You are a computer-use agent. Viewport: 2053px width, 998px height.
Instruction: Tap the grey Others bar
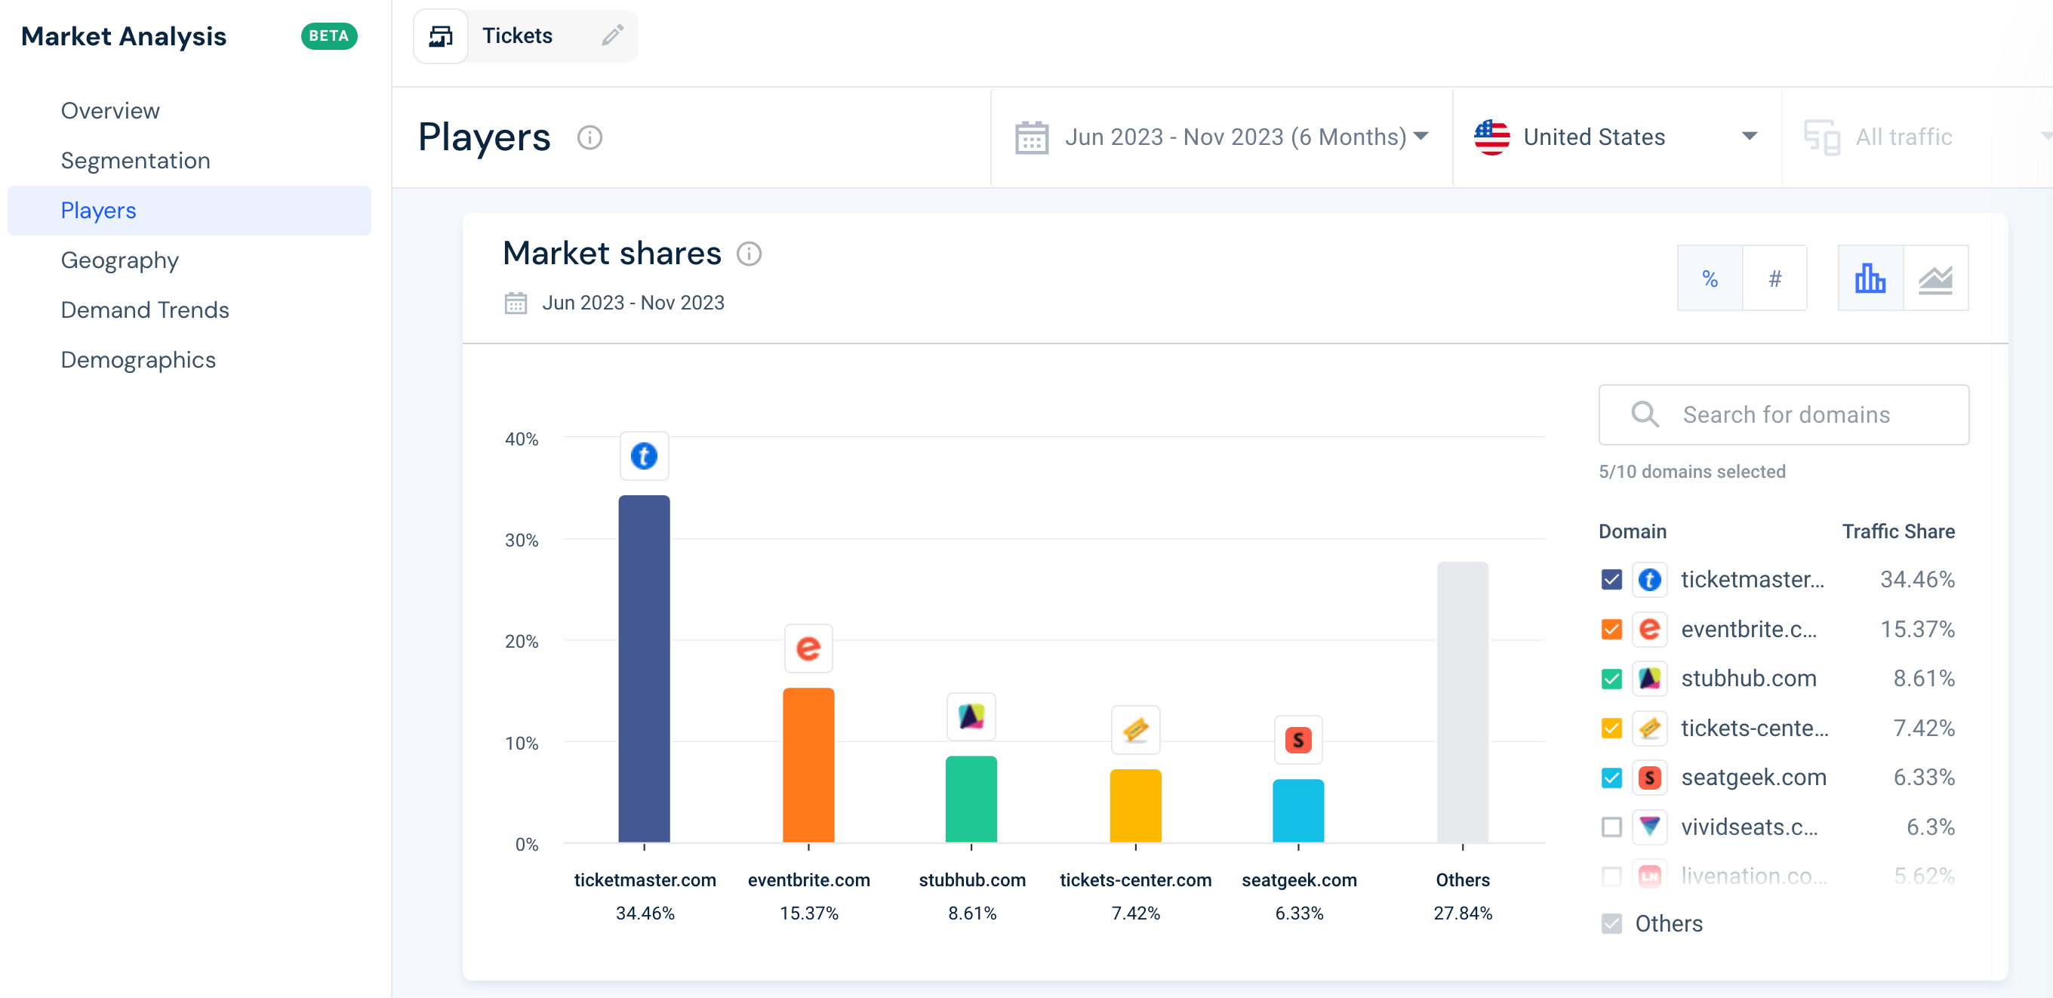1462,701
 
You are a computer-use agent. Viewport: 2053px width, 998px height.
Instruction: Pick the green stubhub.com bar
971,798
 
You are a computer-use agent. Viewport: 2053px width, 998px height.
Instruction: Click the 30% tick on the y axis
522,541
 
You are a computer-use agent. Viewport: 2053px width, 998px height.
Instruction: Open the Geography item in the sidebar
119,260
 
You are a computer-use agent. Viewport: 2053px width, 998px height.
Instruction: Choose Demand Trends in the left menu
145,310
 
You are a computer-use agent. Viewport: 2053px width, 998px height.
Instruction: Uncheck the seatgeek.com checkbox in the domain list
1611,778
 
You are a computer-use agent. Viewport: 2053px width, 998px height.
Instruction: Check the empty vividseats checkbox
1611,827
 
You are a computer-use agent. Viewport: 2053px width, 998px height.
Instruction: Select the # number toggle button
1774,279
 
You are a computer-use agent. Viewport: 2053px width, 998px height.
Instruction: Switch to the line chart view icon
1935,279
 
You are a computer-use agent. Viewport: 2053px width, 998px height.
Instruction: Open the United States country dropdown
1614,137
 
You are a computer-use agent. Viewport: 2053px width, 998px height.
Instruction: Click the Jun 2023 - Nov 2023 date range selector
1221,137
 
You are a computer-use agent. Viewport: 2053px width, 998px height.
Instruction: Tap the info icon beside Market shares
748,254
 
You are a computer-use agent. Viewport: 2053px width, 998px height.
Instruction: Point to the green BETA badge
328,36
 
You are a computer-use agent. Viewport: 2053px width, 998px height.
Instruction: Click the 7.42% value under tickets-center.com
1135,913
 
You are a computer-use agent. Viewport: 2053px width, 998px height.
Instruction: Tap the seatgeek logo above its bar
1297,740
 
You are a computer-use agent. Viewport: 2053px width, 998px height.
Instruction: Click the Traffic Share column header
1898,531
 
